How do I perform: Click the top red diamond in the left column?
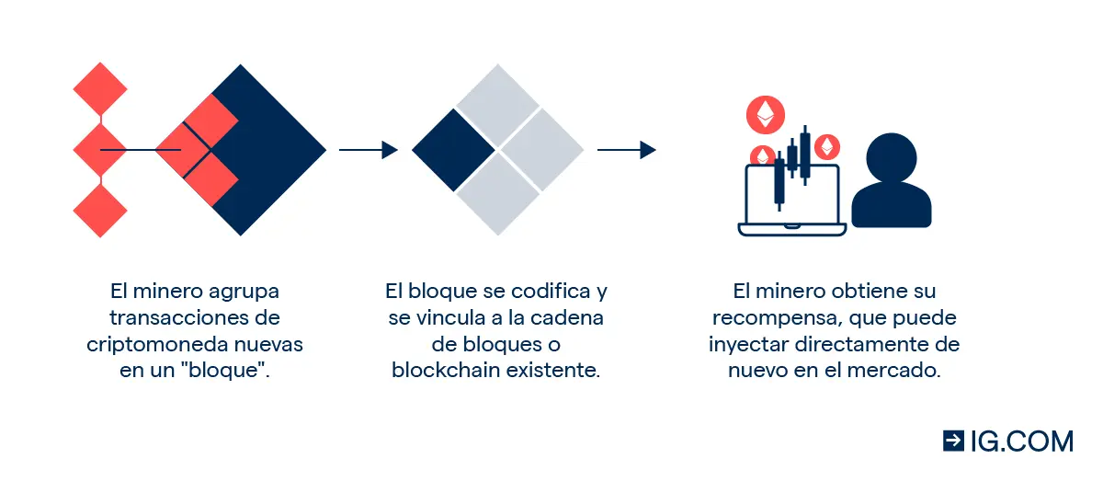coord(100,89)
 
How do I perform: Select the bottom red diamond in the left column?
coord(100,211)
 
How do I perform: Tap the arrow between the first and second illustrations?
coord(369,150)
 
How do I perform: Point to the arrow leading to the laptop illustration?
coord(626,150)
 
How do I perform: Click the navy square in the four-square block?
coord(453,150)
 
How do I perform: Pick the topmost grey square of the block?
coord(497,105)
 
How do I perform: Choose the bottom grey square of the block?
coord(497,194)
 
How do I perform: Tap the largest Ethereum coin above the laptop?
coord(765,115)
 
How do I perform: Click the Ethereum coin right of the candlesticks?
coord(827,147)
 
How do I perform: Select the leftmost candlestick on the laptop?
coord(779,181)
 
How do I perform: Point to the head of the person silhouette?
coord(892,158)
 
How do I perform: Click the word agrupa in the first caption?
coord(244,292)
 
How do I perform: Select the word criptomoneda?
coord(157,344)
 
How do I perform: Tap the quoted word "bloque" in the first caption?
coord(224,370)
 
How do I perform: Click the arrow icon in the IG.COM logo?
coord(953,441)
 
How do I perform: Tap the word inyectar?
coord(749,345)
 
